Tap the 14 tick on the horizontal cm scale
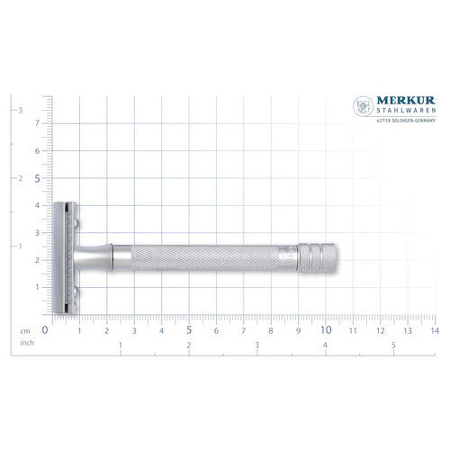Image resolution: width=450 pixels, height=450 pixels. click(435, 330)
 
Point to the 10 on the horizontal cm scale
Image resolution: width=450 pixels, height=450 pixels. click(325, 329)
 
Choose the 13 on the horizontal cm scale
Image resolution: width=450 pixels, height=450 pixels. click(408, 330)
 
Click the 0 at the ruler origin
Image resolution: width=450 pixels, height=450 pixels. click(45, 329)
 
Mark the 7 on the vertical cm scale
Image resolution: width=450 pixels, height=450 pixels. click(37, 123)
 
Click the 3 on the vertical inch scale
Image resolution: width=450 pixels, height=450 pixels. click(21, 110)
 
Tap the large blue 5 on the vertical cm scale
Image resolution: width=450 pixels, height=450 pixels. click(37, 178)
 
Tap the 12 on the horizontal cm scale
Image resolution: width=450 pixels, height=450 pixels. click(381, 330)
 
